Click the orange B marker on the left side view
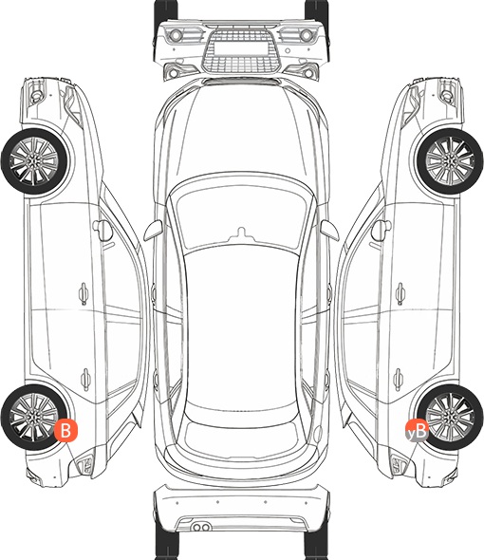coord(65,430)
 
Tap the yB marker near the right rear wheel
coord(417,431)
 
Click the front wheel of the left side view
coord(34,161)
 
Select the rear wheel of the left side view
coord(34,417)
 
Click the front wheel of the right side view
coord(450,161)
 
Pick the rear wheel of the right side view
coord(450,417)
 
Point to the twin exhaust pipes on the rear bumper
coord(201,527)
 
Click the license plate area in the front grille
coord(241,47)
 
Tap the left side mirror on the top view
coord(153,230)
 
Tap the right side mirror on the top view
coord(329,230)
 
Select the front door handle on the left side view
coord(84,293)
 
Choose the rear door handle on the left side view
coord(85,379)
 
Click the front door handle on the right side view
coord(400,293)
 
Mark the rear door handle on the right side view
coord(399,379)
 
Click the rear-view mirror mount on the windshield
coord(241,233)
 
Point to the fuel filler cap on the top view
coord(318,433)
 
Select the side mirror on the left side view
coord(102,230)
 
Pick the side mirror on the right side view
coord(382,230)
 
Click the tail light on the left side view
coord(86,465)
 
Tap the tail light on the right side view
coord(398,465)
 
